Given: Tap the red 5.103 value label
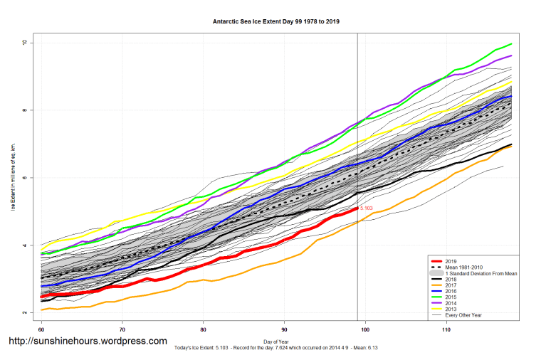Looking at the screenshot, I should click(367, 208).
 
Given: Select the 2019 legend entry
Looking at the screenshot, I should click(449, 261).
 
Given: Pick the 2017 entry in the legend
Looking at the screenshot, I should click(449, 285).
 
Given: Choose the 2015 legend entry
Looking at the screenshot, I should click(449, 296).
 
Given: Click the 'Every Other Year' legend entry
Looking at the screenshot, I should click(464, 314).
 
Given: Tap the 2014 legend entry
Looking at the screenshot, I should click(449, 302).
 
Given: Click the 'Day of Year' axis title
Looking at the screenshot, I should click(276, 341).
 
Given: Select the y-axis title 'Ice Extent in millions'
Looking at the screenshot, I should click(13, 178).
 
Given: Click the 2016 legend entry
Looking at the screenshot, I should click(449, 290).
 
